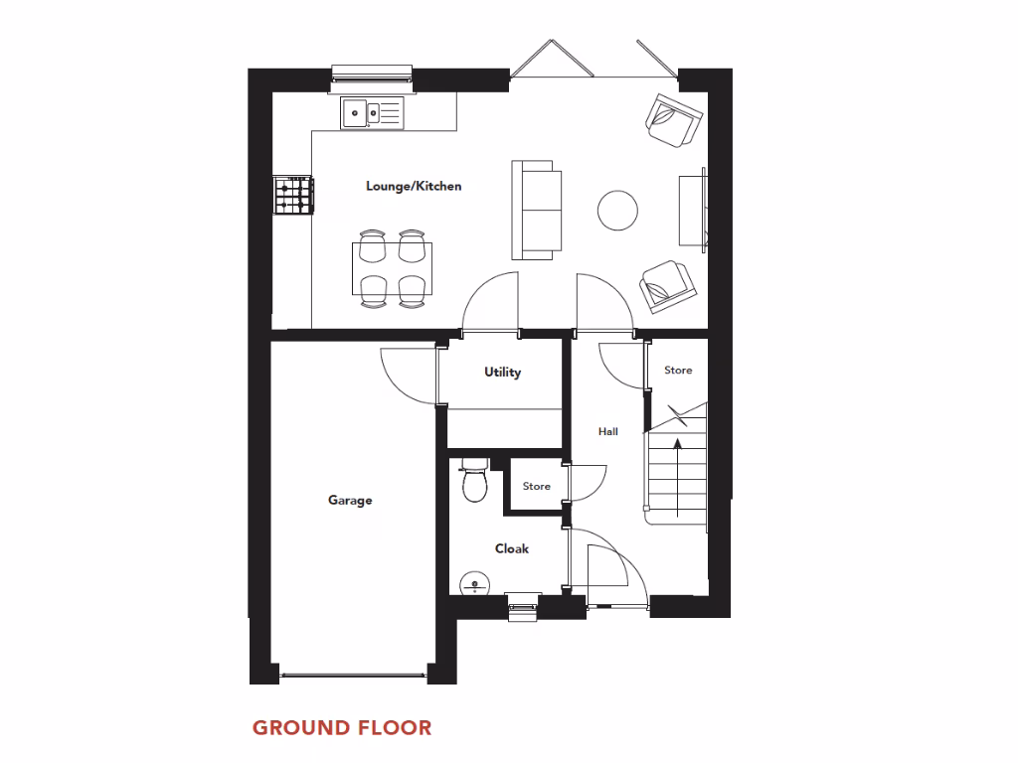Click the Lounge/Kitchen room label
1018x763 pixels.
tap(414, 186)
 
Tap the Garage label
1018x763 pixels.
tap(350, 500)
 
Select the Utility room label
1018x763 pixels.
tap(502, 373)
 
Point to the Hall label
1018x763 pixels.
tap(607, 431)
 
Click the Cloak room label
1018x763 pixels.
tap(512, 548)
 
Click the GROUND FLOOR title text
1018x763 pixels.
tap(342, 728)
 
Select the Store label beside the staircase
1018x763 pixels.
tap(678, 371)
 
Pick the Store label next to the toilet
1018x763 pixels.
tap(536, 487)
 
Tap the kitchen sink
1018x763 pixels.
tap(374, 113)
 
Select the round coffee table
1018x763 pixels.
tap(617, 210)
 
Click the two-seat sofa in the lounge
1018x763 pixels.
tap(537, 210)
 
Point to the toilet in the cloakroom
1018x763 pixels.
tap(473, 481)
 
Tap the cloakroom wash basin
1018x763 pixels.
tap(472, 583)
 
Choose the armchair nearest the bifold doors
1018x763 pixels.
tap(673, 120)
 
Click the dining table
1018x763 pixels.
tap(392, 268)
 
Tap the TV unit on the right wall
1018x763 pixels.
tap(693, 210)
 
